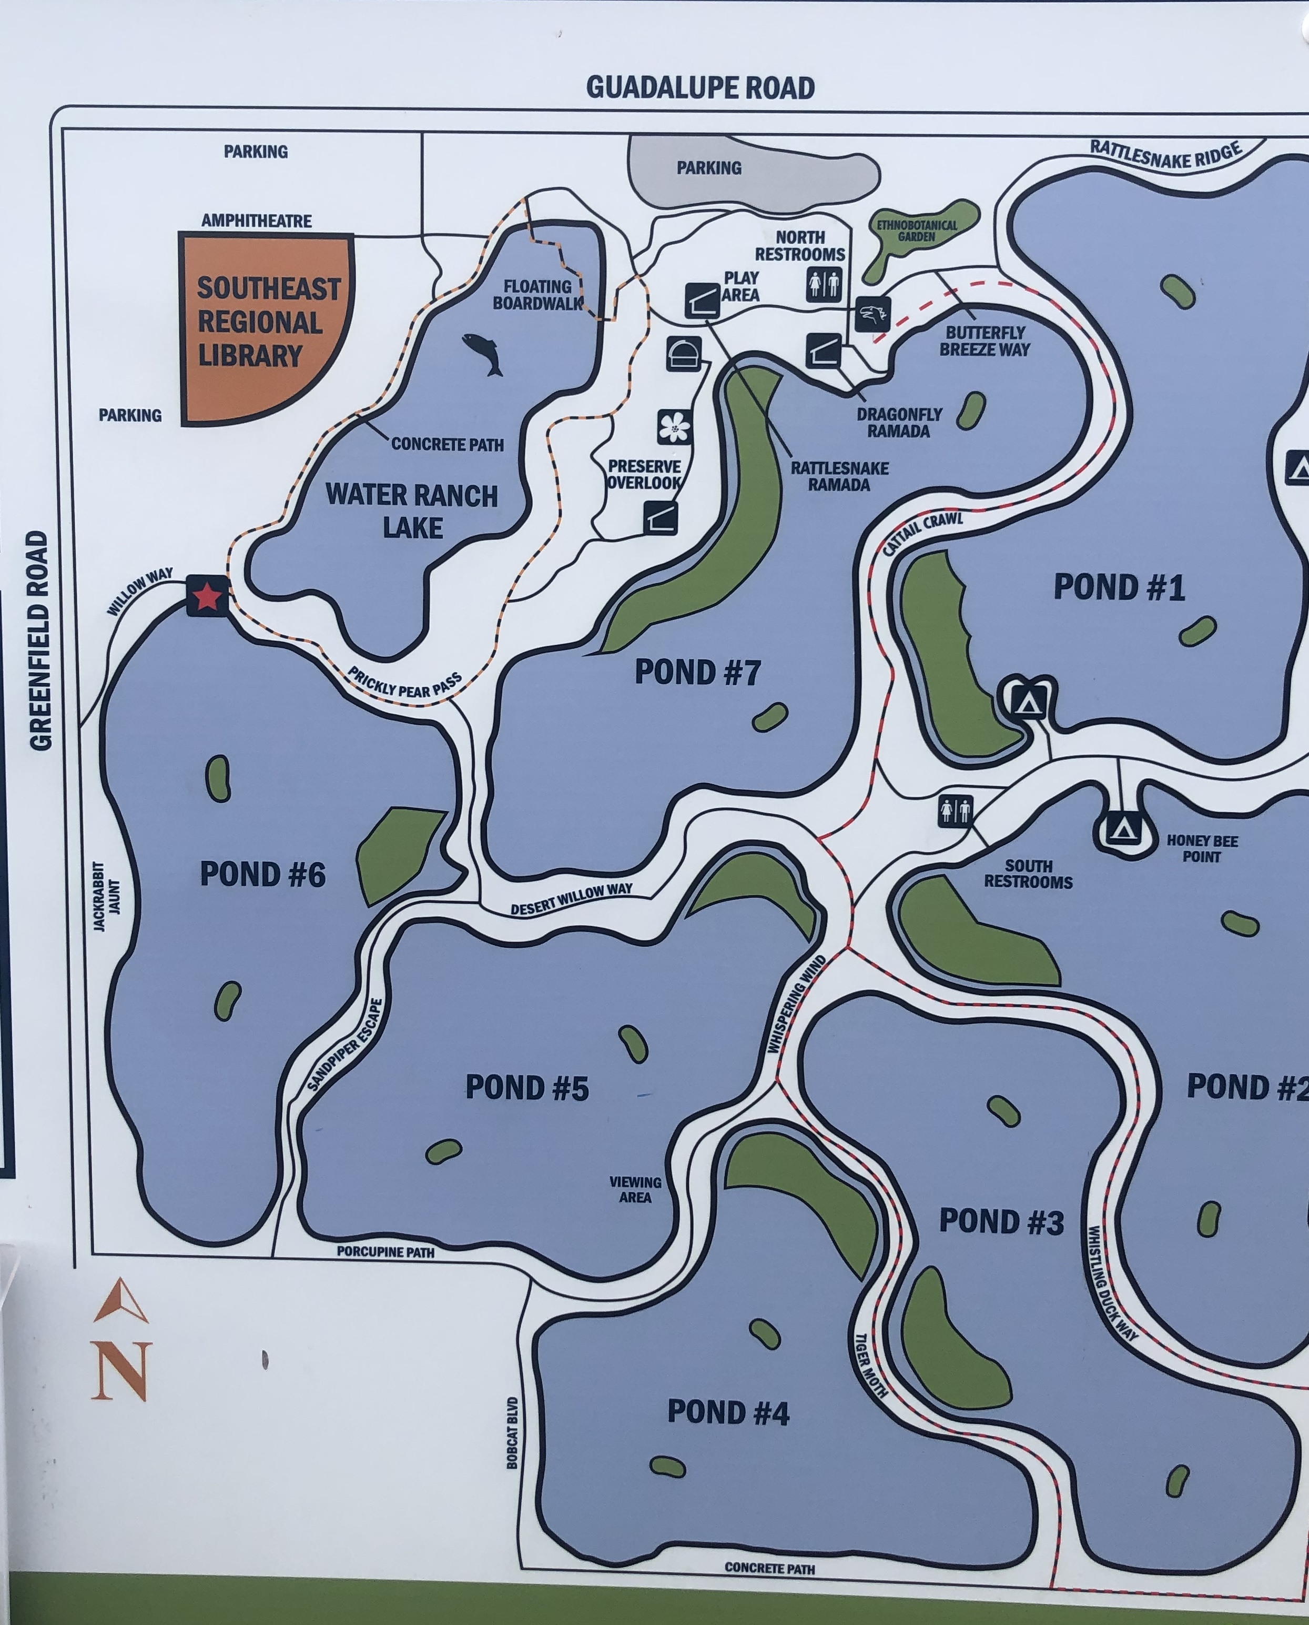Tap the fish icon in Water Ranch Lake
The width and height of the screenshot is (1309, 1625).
click(483, 353)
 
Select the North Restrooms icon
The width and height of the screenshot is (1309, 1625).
click(824, 284)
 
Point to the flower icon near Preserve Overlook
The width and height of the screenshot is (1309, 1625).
click(674, 427)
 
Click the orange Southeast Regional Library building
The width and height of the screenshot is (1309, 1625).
click(264, 324)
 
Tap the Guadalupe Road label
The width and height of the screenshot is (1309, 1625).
click(700, 87)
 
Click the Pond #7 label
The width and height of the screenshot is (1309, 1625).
click(697, 672)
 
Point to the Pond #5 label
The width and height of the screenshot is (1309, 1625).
click(526, 1087)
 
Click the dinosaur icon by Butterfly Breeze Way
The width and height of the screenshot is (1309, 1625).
click(872, 314)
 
